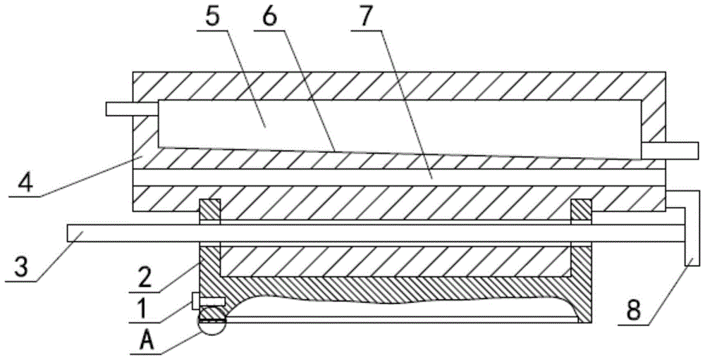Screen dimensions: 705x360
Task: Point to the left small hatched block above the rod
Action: point(210,210)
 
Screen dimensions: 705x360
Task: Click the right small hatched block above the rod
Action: point(580,210)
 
